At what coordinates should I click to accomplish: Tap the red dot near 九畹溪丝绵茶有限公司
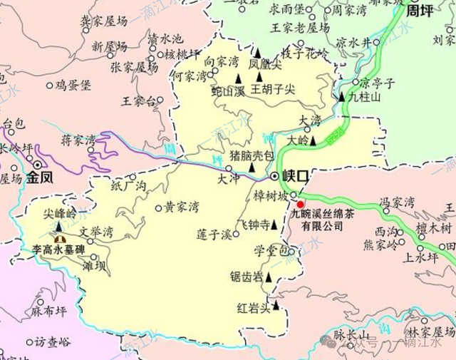point(300,204)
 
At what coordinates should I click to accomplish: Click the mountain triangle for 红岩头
point(275,307)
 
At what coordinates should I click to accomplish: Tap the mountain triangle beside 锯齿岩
point(269,277)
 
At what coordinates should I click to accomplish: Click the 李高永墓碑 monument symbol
point(59,239)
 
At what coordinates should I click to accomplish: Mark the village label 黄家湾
point(182,207)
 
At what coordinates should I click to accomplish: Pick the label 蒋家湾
point(78,140)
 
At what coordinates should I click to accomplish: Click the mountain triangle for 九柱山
point(342,96)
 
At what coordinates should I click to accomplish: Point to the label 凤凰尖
point(265,63)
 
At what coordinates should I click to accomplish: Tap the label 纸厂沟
point(128,185)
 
